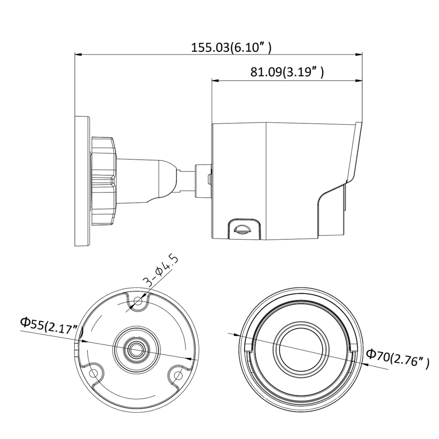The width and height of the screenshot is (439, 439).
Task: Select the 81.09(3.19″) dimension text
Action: tap(287, 72)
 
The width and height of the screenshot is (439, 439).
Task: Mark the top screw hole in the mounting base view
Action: tap(138, 301)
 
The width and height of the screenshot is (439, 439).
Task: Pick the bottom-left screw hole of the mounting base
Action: tap(93, 373)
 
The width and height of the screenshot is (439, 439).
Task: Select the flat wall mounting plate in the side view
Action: tap(83, 180)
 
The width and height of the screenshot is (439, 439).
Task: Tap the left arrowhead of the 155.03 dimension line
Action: tap(78, 55)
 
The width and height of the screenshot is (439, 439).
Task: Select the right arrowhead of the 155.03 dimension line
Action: tap(360, 55)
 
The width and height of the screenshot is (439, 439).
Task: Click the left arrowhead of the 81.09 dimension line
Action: tap(215, 80)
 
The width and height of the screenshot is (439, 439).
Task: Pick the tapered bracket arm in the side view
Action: tap(145, 180)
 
